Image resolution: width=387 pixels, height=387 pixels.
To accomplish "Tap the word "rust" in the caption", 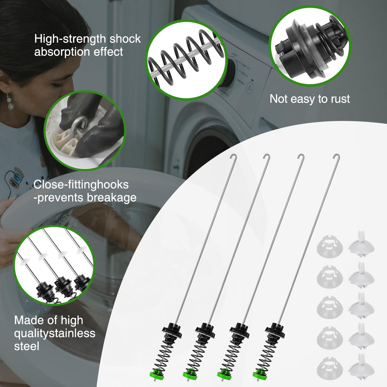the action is tap(340, 99).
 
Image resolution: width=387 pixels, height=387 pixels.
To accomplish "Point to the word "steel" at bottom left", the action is tap(27, 346).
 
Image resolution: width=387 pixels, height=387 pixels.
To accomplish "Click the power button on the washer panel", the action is tap(250, 88).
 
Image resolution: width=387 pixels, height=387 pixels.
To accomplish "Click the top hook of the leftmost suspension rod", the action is tap(234, 156).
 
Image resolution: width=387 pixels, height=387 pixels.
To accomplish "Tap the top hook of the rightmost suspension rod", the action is tap(336, 156).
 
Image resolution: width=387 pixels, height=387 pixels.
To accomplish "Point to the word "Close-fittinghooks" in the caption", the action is tap(81, 185).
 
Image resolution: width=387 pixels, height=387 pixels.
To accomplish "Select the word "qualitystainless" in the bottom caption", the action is tap(55, 333).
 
